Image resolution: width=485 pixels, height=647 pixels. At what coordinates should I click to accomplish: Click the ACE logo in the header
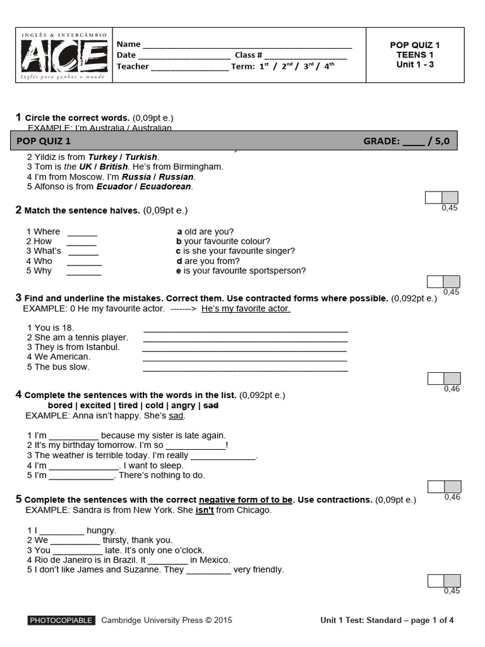[65, 55]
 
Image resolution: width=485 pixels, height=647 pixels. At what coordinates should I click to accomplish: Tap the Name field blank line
[247, 47]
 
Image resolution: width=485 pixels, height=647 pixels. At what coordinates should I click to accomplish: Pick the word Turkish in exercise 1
[141, 157]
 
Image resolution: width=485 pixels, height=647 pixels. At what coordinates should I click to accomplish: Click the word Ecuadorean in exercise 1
[165, 186]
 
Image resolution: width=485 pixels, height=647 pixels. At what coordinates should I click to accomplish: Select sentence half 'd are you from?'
[208, 261]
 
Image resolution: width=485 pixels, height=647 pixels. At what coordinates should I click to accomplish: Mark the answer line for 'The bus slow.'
[246, 370]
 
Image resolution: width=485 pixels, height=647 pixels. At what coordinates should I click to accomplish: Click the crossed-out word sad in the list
[211, 405]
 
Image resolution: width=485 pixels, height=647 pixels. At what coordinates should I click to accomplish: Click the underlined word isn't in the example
[205, 510]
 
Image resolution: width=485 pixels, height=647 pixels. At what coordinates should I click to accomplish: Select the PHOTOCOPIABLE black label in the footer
[61, 620]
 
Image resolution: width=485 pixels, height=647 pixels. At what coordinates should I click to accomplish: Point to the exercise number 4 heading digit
[18, 394]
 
